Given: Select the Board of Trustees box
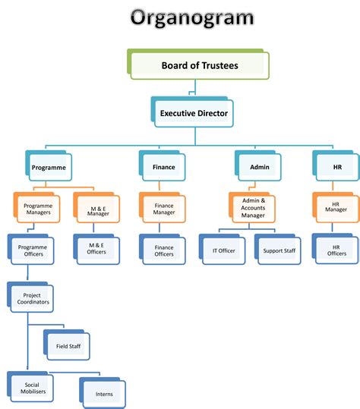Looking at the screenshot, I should (x=199, y=65).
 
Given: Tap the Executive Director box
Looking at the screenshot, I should (x=193, y=114).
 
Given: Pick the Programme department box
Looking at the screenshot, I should (x=49, y=167).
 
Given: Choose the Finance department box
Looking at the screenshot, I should (x=163, y=167).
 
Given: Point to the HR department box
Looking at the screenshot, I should (x=336, y=167).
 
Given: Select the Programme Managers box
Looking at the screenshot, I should (x=37, y=207).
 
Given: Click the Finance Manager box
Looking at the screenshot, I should (x=164, y=207).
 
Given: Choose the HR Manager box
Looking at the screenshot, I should (x=336, y=207).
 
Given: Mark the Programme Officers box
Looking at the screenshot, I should (x=31, y=250).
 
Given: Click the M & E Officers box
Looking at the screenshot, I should (x=96, y=249).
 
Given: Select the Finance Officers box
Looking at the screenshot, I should (x=164, y=250).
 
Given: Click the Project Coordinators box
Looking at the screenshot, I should (x=31, y=298).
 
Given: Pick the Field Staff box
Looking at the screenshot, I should (x=68, y=347).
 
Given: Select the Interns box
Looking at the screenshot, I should (x=104, y=394).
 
